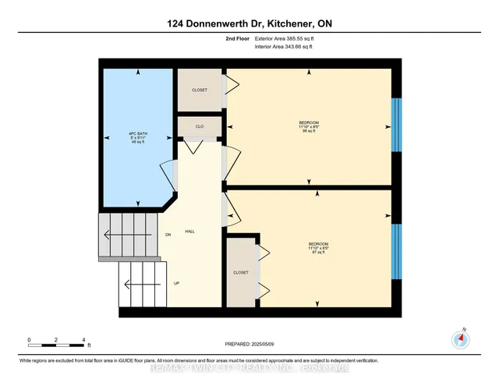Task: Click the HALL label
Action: click(190, 232)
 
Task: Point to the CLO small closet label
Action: click(200, 126)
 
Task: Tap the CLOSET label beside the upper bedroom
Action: click(200, 90)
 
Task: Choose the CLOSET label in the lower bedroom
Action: click(241, 273)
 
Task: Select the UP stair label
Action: click(176, 283)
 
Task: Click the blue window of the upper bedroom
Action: click(396, 125)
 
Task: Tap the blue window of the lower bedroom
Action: click(396, 251)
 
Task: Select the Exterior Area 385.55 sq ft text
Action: click(287, 37)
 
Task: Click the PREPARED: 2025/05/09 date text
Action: click(249, 344)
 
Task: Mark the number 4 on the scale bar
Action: click(83, 340)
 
